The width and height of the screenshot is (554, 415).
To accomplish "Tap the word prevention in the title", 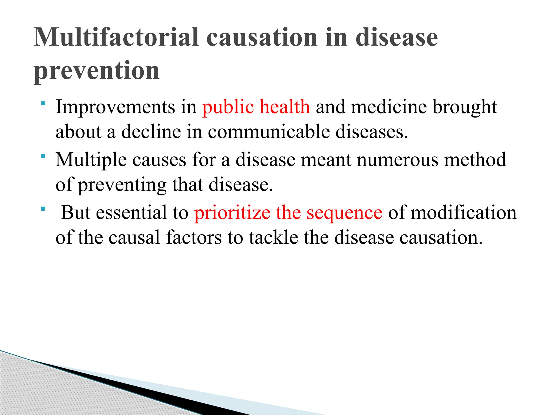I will pyautogui.click(x=97, y=71).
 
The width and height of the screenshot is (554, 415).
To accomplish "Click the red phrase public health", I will pyautogui.click(x=256, y=107).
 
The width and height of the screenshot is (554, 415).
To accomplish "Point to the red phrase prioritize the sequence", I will pyautogui.click(x=288, y=213).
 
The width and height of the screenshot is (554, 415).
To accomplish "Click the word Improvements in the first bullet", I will pyautogui.click(x=115, y=107).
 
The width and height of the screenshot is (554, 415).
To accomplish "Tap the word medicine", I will pyautogui.click(x=389, y=107).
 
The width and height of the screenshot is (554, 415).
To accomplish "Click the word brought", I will pyautogui.click(x=465, y=107).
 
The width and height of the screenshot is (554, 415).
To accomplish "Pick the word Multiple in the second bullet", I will pyautogui.click(x=91, y=160).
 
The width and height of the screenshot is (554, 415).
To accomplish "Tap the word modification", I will pyautogui.click(x=464, y=212).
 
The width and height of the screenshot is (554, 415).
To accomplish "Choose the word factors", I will pyautogui.click(x=194, y=237).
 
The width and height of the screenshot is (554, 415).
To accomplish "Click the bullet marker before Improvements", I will pyautogui.click(x=43, y=103).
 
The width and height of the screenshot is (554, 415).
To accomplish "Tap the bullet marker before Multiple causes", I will pyautogui.click(x=43, y=156).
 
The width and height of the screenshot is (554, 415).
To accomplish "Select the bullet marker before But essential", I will pyautogui.click(x=43, y=209).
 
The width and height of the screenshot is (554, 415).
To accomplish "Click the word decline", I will pyautogui.click(x=151, y=132).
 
